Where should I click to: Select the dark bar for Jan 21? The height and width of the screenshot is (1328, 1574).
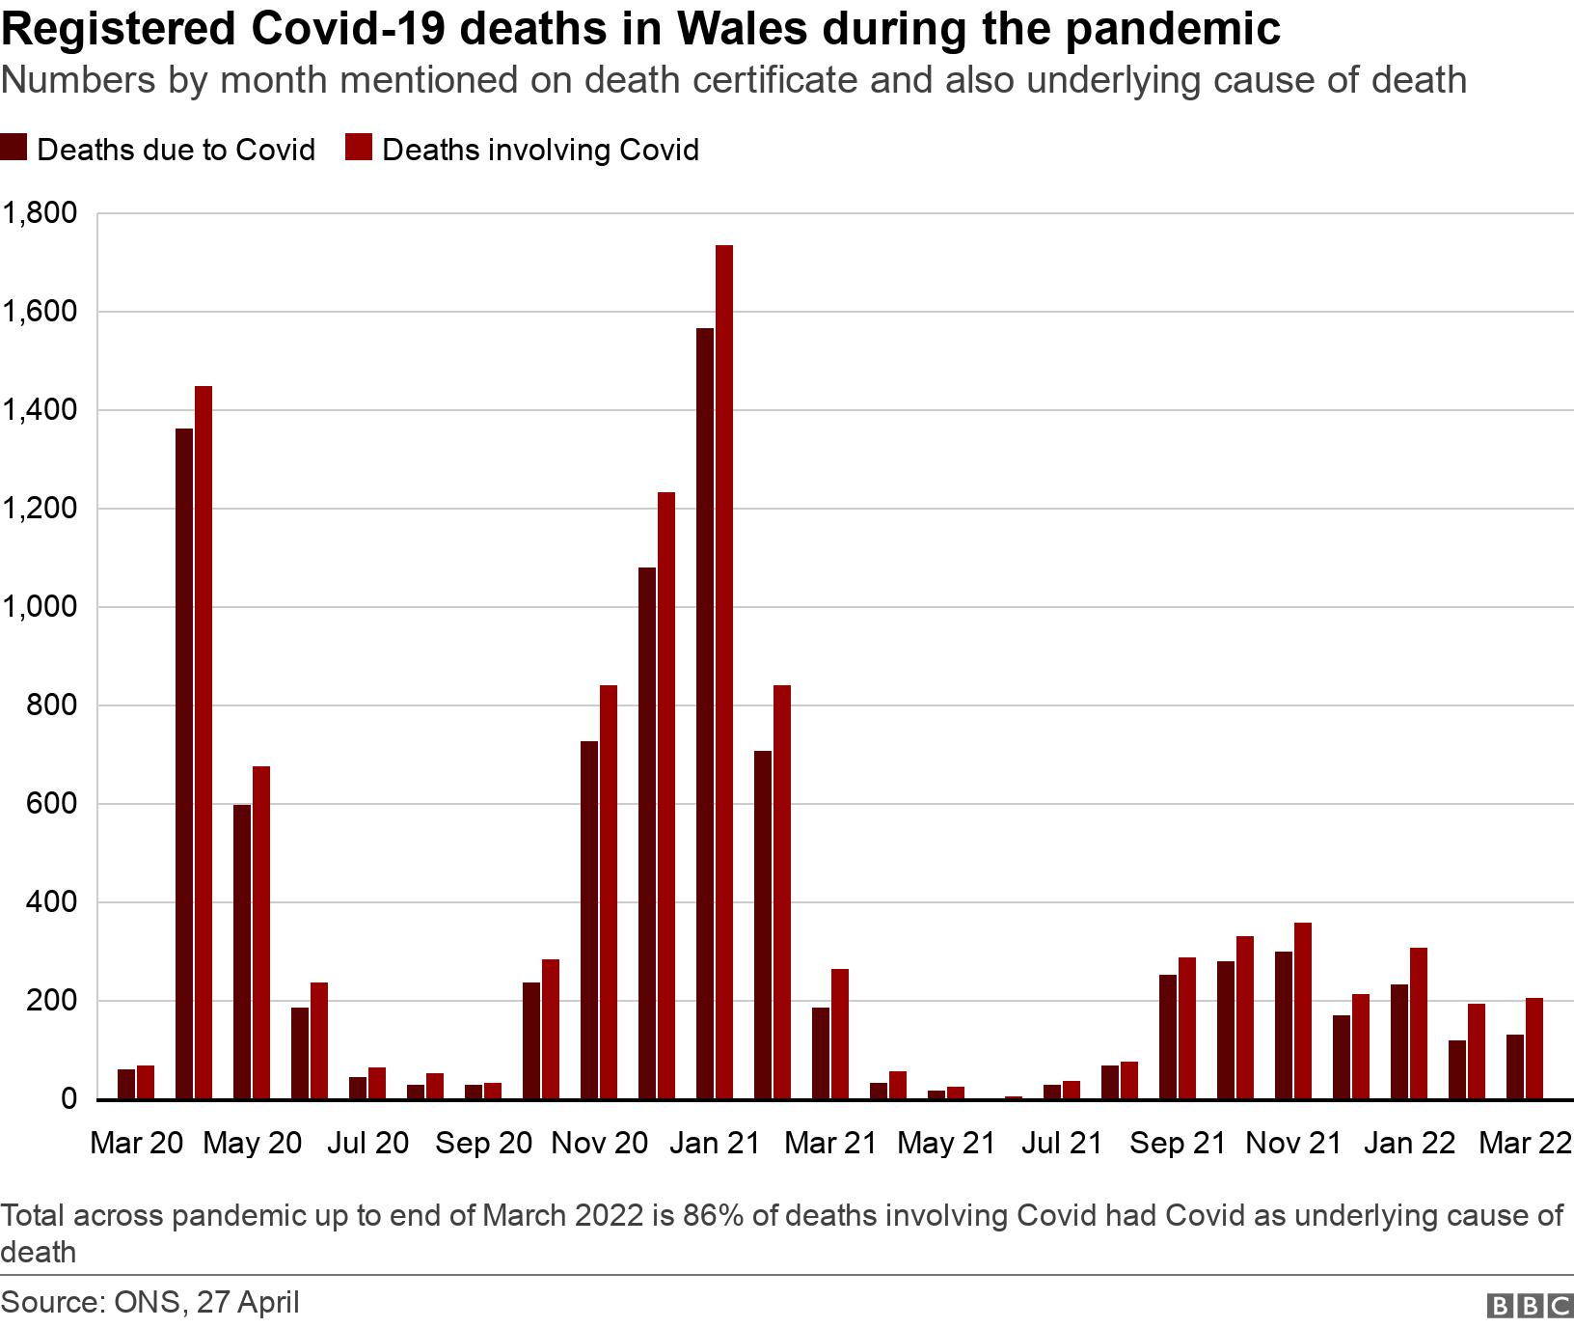pyautogui.click(x=705, y=713)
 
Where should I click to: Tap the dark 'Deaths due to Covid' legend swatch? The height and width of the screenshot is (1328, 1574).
pyautogui.click(x=14, y=149)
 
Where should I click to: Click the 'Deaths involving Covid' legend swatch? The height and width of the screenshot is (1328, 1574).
pyautogui.click(x=360, y=149)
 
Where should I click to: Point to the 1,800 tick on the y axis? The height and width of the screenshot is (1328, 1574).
pyautogui.click(x=41, y=213)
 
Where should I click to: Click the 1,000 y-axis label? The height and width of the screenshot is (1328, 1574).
pyautogui.click(x=41, y=607)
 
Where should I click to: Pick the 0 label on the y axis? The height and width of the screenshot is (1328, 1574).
pyautogui.click(x=68, y=1099)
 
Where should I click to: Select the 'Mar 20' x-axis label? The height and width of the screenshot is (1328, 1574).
pyautogui.click(x=136, y=1144)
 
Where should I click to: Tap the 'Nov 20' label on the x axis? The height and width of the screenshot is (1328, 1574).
pyautogui.click(x=599, y=1144)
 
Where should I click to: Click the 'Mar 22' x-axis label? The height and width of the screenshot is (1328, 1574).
pyautogui.click(x=1525, y=1144)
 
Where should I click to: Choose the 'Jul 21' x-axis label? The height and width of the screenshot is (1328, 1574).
pyautogui.click(x=1062, y=1144)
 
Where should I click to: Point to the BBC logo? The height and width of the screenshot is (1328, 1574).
pyautogui.click(x=1531, y=1305)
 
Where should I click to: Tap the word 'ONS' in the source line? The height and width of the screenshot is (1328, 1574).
pyautogui.click(x=146, y=1302)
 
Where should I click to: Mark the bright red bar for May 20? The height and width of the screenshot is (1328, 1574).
pyautogui.click(x=261, y=932)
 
